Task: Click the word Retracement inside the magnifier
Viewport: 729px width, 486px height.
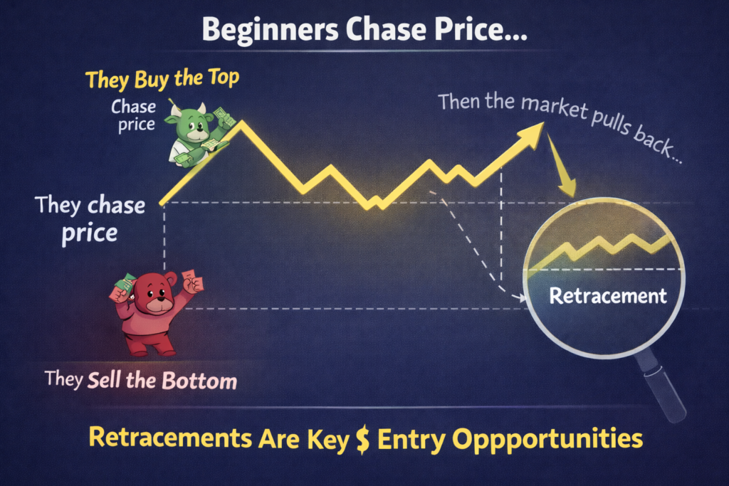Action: (608, 296)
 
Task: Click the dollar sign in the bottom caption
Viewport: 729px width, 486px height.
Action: (362, 438)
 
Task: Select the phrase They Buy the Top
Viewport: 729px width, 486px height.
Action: (162, 78)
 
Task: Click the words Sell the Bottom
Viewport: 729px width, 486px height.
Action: (162, 380)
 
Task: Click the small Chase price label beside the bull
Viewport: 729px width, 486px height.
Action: (132, 116)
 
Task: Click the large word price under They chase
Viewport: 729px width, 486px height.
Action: (88, 233)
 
